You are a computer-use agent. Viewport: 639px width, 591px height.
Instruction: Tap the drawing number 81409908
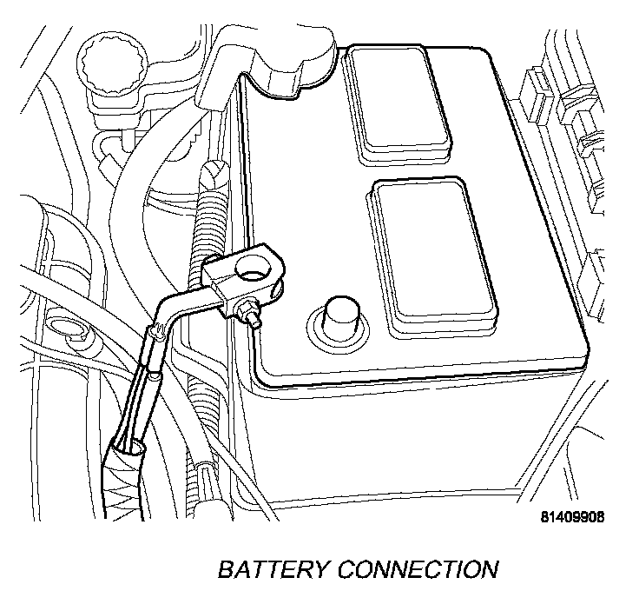(571, 516)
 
